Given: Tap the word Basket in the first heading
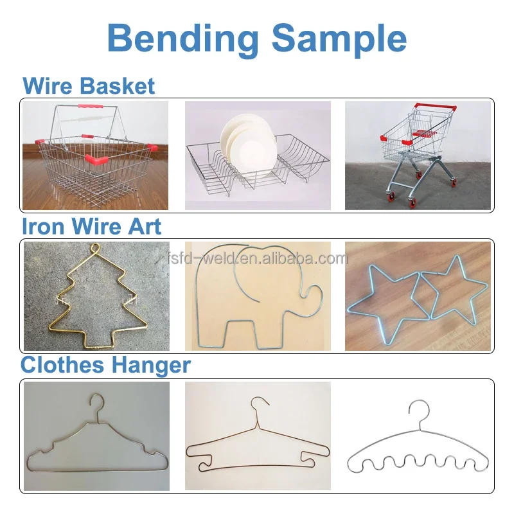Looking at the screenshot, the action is tap(118, 86).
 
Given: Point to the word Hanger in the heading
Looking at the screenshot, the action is tap(150, 366).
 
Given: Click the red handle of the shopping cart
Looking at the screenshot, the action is tap(435, 107).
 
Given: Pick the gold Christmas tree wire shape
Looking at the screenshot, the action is tap(98, 297).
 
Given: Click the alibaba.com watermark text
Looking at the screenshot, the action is tap(258, 258).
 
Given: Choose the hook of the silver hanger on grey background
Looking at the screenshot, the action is tap(98, 405).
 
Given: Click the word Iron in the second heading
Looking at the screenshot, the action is tap(43, 227).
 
